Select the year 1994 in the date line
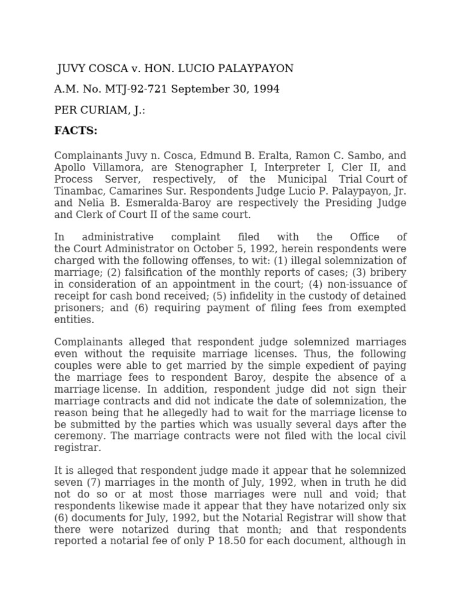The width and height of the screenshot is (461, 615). (266, 89)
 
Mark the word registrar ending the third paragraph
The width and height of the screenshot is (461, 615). (76, 447)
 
